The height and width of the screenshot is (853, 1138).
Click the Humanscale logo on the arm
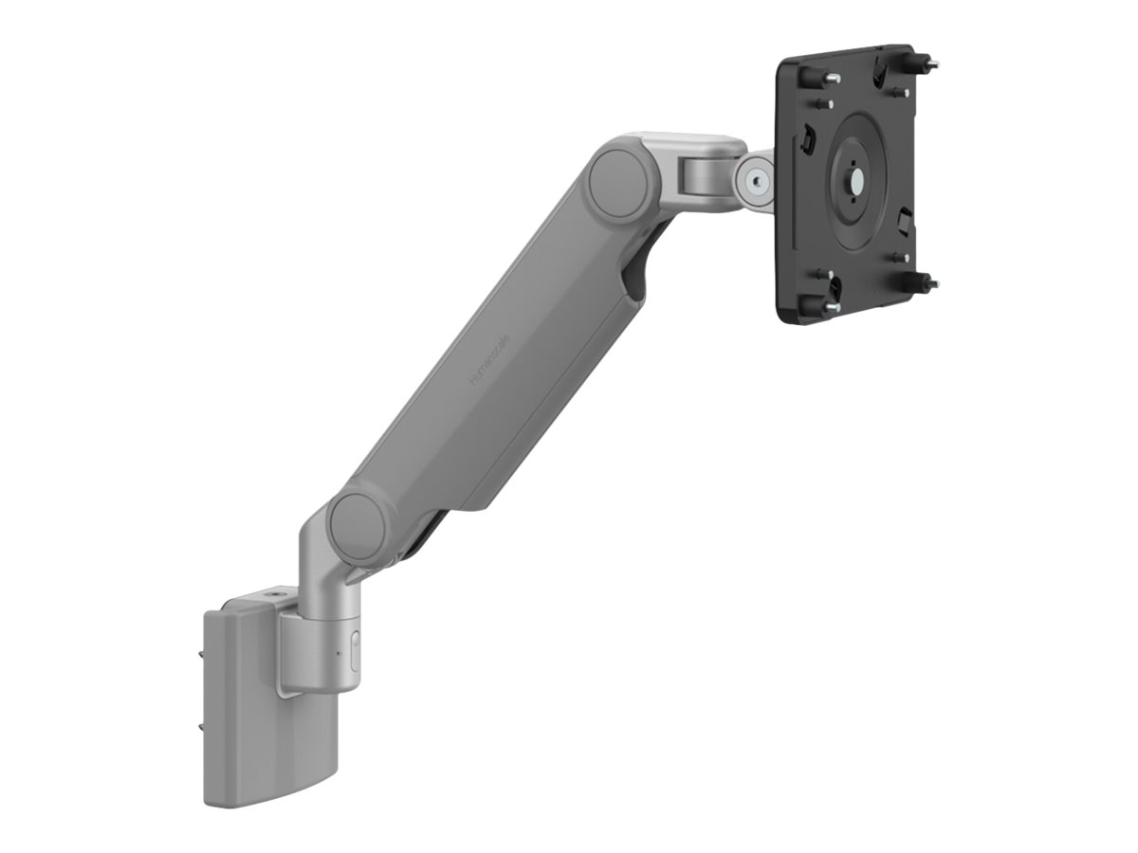(x=489, y=360)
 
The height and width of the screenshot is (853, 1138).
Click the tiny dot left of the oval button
(x=339, y=654)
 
